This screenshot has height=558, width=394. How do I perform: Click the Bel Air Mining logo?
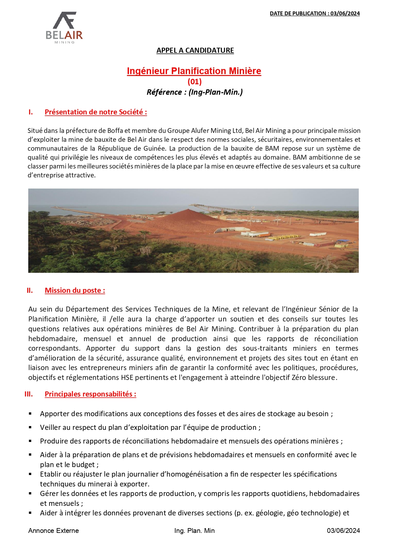tap(64, 28)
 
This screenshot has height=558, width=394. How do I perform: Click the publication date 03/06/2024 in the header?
tap(345, 13)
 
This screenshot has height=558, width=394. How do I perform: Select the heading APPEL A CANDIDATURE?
tap(195, 50)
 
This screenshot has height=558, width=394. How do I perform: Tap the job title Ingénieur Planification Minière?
tap(194, 71)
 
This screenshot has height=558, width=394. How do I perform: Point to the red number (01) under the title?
tap(195, 82)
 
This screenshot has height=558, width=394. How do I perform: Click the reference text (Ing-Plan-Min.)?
tap(216, 92)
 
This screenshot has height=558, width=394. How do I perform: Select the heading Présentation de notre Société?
tap(96, 112)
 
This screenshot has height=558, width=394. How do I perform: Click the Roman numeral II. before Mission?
tap(30, 290)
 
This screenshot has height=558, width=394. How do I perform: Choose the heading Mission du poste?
tap(75, 290)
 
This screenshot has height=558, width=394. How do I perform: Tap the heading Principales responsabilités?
tap(90, 394)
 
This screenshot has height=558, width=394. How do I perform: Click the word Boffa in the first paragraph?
tap(115, 131)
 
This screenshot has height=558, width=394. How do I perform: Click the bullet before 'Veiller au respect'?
tap(30, 427)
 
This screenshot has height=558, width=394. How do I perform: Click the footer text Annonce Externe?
tap(53, 531)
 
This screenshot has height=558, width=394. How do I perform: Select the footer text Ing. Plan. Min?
tap(194, 531)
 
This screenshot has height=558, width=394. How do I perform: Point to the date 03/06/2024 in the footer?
tap(343, 531)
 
